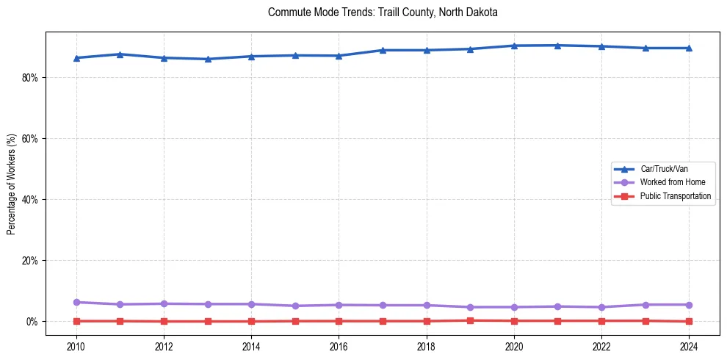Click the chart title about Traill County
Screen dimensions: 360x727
tap(383, 12)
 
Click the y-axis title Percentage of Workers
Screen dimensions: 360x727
tap(11, 184)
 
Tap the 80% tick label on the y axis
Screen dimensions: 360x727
tap(29, 77)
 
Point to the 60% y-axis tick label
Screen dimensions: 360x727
tap(29, 138)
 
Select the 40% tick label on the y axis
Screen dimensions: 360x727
tap(29, 199)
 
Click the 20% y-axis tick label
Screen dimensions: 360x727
tap(29, 260)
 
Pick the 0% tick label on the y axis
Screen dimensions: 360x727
tap(32, 321)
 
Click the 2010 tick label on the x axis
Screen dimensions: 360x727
tap(76, 346)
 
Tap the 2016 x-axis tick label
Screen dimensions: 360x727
tap(339, 346)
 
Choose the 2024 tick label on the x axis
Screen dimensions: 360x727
tap(689, 346)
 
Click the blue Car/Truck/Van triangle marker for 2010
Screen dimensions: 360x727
tap(76, 58)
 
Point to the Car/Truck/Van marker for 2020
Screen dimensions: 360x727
tap(514, 46)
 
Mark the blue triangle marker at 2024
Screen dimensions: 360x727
tap(689, 48)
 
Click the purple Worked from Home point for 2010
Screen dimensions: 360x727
tap(76, 302)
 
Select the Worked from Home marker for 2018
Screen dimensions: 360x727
tap(427, 305)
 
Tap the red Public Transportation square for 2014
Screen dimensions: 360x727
tap(251, 321)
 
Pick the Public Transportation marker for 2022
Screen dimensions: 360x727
tap(601, 320)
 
